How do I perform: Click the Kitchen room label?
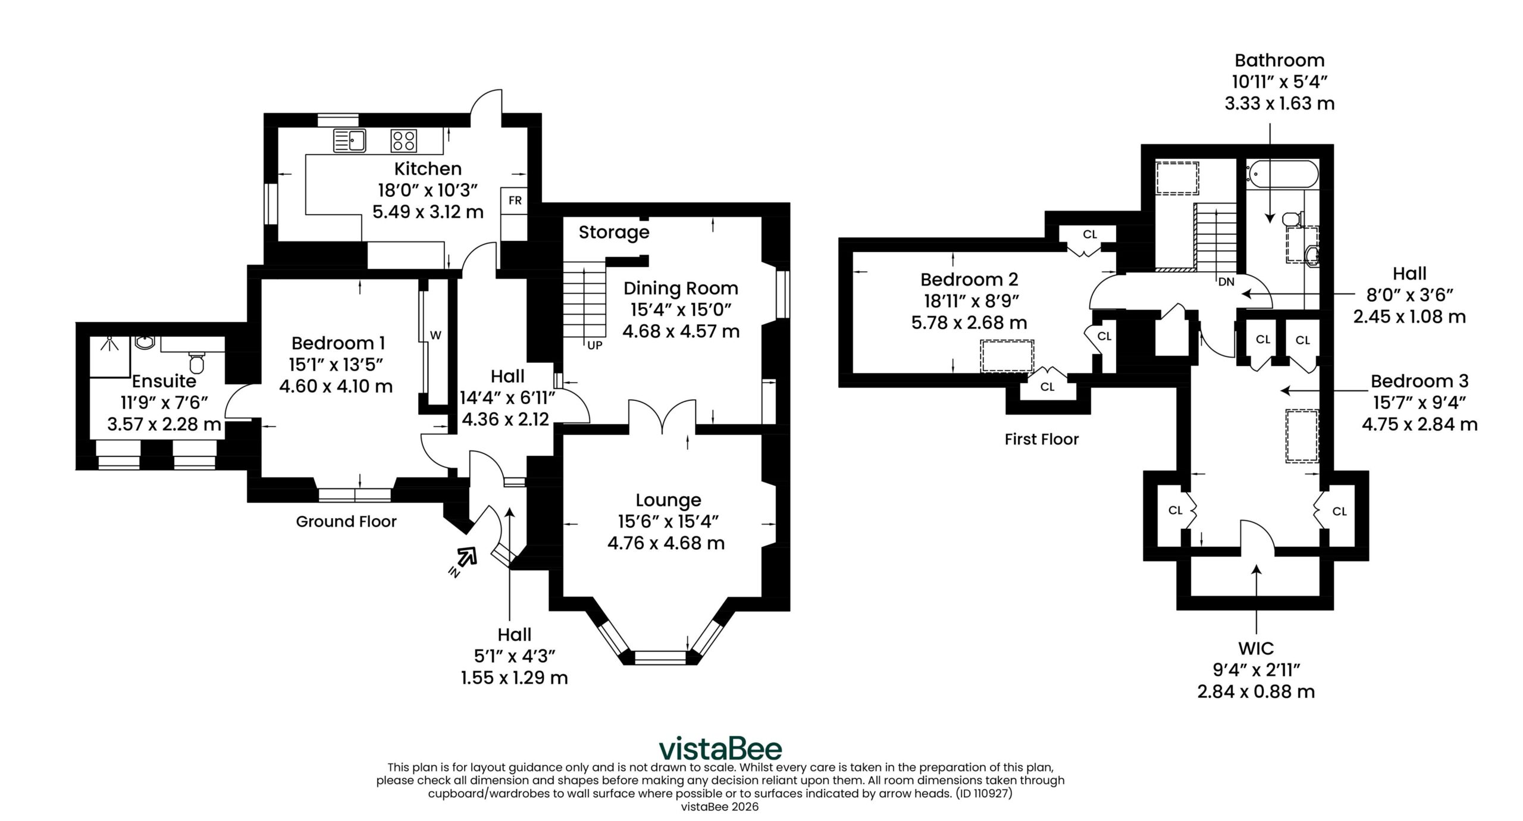(428, 169)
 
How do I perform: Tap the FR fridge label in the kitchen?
(515, 201)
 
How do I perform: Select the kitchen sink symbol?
(349, 140)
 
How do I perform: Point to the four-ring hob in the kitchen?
(404, 140)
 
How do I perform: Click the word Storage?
(614, 233)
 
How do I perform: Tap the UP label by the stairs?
(595, 345)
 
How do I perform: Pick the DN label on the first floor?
(1227, 282)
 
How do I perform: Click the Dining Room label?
(681, 289)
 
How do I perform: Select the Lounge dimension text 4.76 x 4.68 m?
(666, 543)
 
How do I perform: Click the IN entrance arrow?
(464, 560)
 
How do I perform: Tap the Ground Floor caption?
(346, 522)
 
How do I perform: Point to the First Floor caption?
(1042, 440)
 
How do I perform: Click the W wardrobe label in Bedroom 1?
(435, 336)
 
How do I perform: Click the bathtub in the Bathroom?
(1282, 175)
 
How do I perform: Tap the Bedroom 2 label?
(969, 279)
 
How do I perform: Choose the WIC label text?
(1256, 648)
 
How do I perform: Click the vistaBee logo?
(720, 748)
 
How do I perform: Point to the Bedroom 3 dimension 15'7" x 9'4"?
(1419, 403)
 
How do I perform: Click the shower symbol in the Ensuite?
(109, 356)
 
